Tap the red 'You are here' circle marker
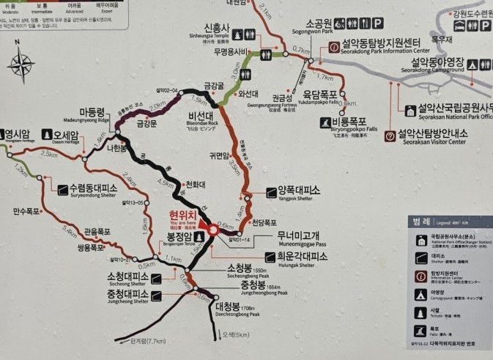(x=212, y=229)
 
